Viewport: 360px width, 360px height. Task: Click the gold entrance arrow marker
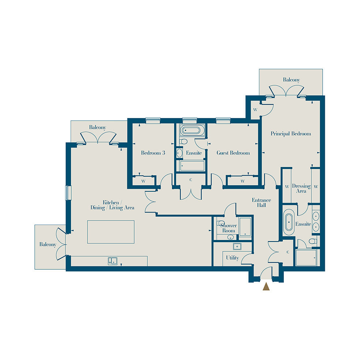click(266, 286)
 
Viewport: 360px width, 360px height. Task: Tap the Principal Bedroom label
click(290, 134)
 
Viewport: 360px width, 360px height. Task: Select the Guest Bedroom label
click(233, 153)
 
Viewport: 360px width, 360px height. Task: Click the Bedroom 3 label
click(153, 153)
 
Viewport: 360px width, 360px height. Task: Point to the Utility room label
click(232, 258)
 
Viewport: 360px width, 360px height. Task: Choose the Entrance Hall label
click(261, 203)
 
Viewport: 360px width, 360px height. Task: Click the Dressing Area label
click(301, 188)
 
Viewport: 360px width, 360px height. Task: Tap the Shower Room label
click(228, 228)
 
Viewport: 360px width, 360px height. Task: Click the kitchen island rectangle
click(110, 232)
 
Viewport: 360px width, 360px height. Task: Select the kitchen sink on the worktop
click(113, 261)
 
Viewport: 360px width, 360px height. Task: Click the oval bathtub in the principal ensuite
click(289, 222)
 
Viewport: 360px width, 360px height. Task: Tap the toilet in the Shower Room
click(221, 223)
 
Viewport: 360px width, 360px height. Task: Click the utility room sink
click(237, 246)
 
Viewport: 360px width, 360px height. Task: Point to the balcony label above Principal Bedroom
click(291, 80)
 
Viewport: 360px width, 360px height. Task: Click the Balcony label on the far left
click(48, 244)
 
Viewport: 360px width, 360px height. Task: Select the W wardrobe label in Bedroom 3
click(143, 181)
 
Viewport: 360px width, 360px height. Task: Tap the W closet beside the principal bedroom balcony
click(255, 110)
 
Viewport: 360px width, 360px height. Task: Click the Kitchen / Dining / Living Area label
click(112, 205)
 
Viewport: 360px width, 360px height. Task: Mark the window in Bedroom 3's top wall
click(153, 120)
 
